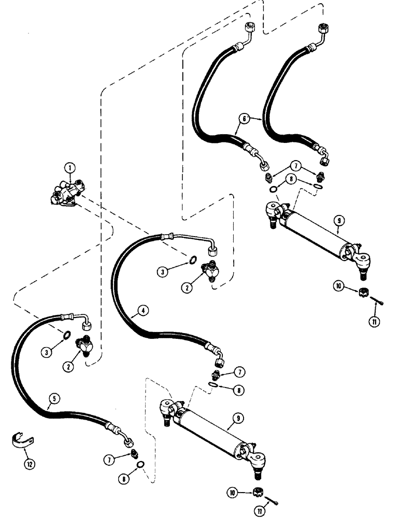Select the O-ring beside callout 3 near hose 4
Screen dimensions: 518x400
coord(192,260)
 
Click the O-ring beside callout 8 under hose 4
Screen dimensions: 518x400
coord(212,384)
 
